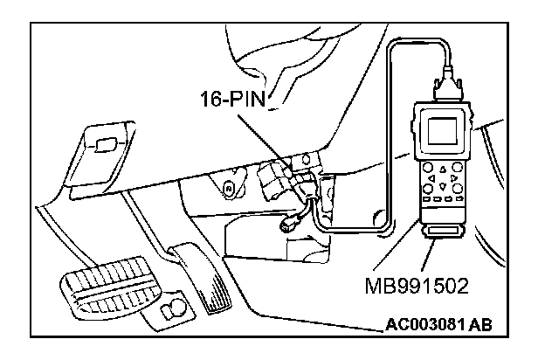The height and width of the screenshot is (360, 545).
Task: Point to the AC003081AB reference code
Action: [x=438, y=326]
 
